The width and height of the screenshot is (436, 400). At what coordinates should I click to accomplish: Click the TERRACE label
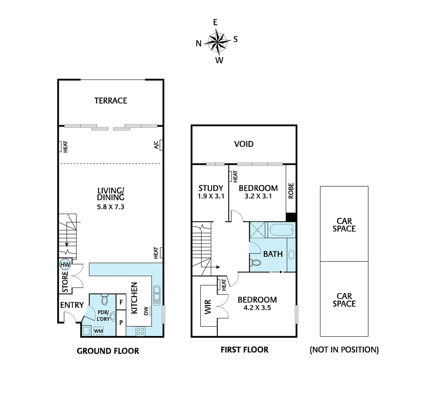pyautogui.click(x=110, y=101)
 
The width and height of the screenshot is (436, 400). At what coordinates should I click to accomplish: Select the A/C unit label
pyautogui.click(x=156, y=144)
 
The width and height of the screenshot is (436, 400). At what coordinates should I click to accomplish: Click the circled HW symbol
pyautogui.click(x=65, y=264)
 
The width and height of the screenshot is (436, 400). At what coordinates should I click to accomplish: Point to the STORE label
pyautogui.click(x=65, y=281)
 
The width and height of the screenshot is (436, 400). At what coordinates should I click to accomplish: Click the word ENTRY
pyautogui.click(x=72, y=305)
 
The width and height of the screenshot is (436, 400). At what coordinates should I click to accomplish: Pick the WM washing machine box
pyautogui.click(x=98, y=330)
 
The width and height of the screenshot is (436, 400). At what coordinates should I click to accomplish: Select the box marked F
pyautogui.click(x=121, y=302)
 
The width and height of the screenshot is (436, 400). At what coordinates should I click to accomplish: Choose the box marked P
pyautogui.click(x=121, y=323)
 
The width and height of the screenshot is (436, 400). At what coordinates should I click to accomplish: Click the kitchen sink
pyautogui.click(x=157, y=295)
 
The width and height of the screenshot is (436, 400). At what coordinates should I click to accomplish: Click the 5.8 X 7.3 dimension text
pyautogui.click(x=110, y=207)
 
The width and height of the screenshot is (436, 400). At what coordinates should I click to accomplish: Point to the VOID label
pyautogui.click(x=244, y=144)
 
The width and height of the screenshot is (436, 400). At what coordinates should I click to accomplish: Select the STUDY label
pyautogui.click(x=211, y=188)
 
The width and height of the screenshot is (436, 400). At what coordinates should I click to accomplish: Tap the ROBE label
pyautogui.click(x=291, y=190)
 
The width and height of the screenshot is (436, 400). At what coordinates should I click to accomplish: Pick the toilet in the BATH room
pyautogui.click(x=255, y=263)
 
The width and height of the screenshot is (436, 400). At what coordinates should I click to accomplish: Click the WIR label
pyautogui.click(x=208, y=307)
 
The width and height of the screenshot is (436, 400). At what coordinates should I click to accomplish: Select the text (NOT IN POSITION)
pyautogui.click(x=344, y=350)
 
